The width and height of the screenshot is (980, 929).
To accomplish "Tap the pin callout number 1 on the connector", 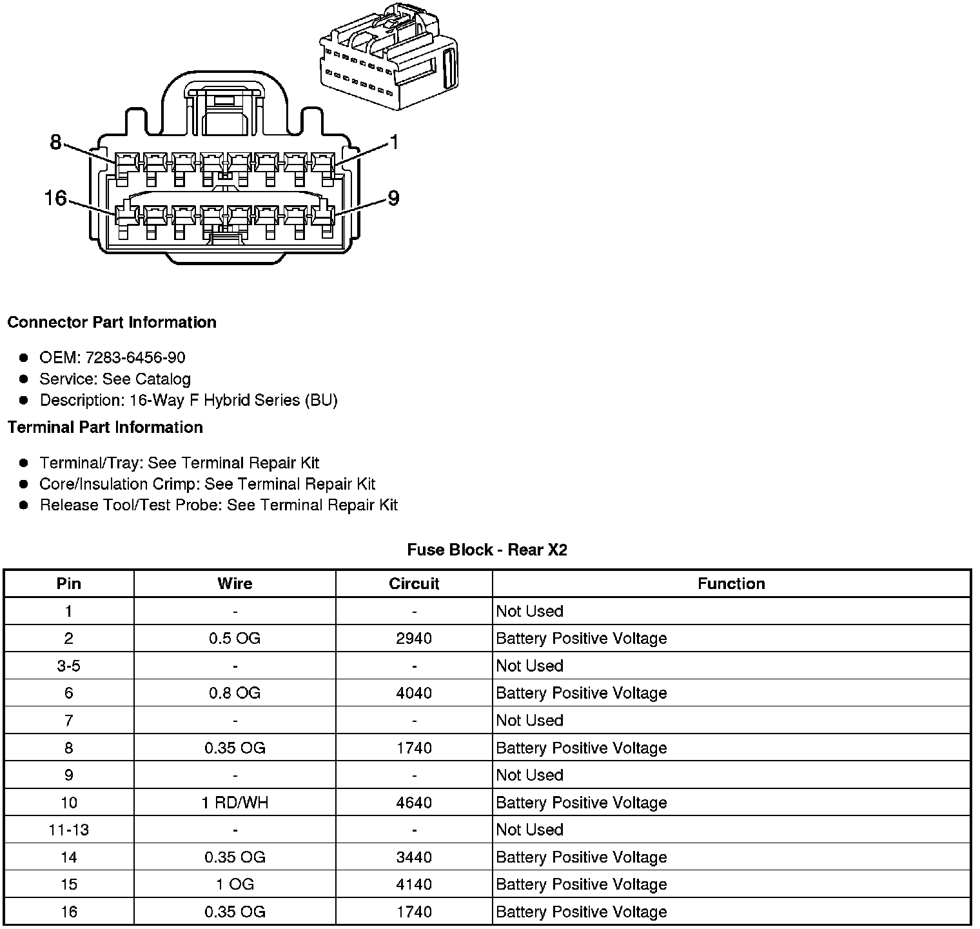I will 394,142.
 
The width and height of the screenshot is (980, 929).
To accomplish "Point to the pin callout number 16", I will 56,197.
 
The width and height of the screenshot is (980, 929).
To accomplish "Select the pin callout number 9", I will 393,197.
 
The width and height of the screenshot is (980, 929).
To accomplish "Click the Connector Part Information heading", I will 112,322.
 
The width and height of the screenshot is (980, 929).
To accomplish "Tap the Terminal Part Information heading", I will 105,427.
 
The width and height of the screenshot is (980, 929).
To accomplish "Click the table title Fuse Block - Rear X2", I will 487,550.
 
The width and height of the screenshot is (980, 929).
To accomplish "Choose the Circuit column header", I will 414,584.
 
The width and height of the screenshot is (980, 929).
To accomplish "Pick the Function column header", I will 731,584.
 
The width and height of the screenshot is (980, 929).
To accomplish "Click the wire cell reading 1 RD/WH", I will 235,803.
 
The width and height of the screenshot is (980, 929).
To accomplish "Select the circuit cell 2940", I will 414,638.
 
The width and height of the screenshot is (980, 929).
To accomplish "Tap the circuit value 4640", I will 414,803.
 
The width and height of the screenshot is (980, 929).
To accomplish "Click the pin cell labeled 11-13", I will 68,830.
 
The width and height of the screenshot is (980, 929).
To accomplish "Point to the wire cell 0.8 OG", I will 235,693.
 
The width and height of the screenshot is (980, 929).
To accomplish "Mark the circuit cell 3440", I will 414,857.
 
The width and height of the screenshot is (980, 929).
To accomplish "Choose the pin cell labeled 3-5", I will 68,666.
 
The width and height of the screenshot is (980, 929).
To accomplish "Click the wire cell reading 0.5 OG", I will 235,638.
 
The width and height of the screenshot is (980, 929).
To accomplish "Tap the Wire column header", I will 235,584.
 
